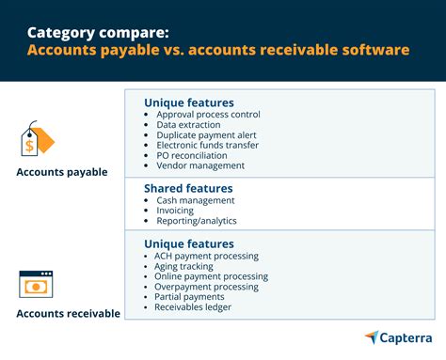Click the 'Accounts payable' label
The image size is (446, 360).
(x=61, y=172)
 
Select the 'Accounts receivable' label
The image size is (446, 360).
(x=68, y=313)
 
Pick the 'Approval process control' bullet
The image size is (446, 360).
(x=208, y=115)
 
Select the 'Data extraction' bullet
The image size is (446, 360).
(x=187, y=125)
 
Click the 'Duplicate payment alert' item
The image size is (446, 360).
(x=205, y=135)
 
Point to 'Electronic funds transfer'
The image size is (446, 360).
(x=208, y=146)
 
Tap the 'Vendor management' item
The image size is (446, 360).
(x=199, y=166)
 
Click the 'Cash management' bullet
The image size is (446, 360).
(x=195, y=200)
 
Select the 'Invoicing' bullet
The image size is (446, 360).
(x=174, y=211)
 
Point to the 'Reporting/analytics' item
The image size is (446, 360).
(x=195, y=221)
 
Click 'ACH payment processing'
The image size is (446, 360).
(x=206, y=256)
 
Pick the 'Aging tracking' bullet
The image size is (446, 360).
(x=184, y=266)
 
